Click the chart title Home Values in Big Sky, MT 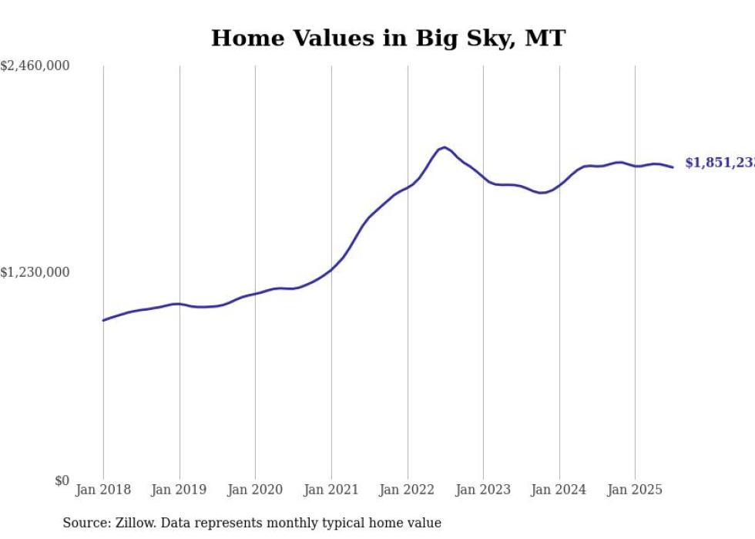coord(388,39)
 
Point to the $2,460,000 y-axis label coord(35,66)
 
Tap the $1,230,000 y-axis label coord(35,272)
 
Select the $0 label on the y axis coord(62,480)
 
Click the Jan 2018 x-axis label coord(103,490)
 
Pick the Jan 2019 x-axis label coord(180,490)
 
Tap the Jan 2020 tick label coord(255,490)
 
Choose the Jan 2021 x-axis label coord(331,490)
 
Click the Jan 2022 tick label coord(408,490)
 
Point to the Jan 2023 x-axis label coord(483,490)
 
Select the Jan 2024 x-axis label coord(559,490)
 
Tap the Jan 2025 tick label coord(635,490)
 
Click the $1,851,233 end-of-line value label coord(720,163)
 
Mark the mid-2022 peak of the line coord(445,147)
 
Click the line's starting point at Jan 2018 coord(103,320)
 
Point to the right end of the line coord(673,167)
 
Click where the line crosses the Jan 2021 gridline coord(331,269)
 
